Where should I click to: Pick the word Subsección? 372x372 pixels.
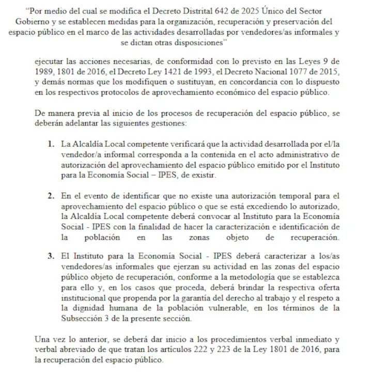click(83, 319)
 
